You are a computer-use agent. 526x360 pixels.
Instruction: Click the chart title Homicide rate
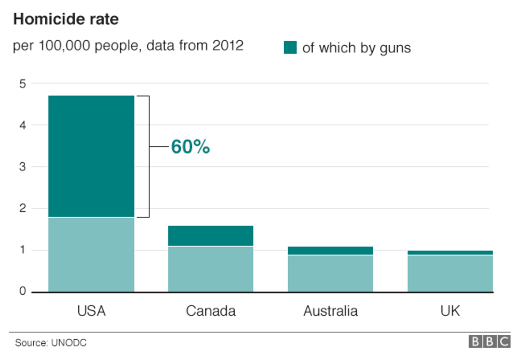point(66,20)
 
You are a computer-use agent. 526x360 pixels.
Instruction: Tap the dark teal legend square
point(290,48)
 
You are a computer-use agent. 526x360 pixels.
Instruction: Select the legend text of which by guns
point(356,48)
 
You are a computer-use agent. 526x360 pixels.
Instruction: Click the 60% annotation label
point(190,147)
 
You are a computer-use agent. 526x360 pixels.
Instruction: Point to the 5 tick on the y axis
point(22,84)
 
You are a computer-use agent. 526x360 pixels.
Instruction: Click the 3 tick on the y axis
point(22,167)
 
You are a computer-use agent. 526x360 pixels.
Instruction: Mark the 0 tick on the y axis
point(22,292)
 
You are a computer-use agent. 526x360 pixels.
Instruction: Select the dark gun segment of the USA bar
point(91,156)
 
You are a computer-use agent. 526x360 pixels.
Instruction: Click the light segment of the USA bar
point(91,255)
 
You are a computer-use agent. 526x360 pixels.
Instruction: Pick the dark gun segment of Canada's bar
point(210,236)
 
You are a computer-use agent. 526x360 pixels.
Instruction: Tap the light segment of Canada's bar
point(210,269)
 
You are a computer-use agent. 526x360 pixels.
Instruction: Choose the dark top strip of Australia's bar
point(330,250)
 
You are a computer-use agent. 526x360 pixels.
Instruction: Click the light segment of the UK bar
point(450,273)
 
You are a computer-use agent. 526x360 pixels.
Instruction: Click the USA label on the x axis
point(91,311)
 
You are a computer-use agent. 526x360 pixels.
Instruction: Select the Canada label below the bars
point(210,311)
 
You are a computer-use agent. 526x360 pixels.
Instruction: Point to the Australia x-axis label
point(330,311)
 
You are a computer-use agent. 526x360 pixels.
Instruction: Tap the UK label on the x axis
point(450,311)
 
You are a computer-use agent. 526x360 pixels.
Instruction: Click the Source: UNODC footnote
point(51,343)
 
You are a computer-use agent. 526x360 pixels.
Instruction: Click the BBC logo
point(489,342)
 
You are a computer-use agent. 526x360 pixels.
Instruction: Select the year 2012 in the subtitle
point(228,45)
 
